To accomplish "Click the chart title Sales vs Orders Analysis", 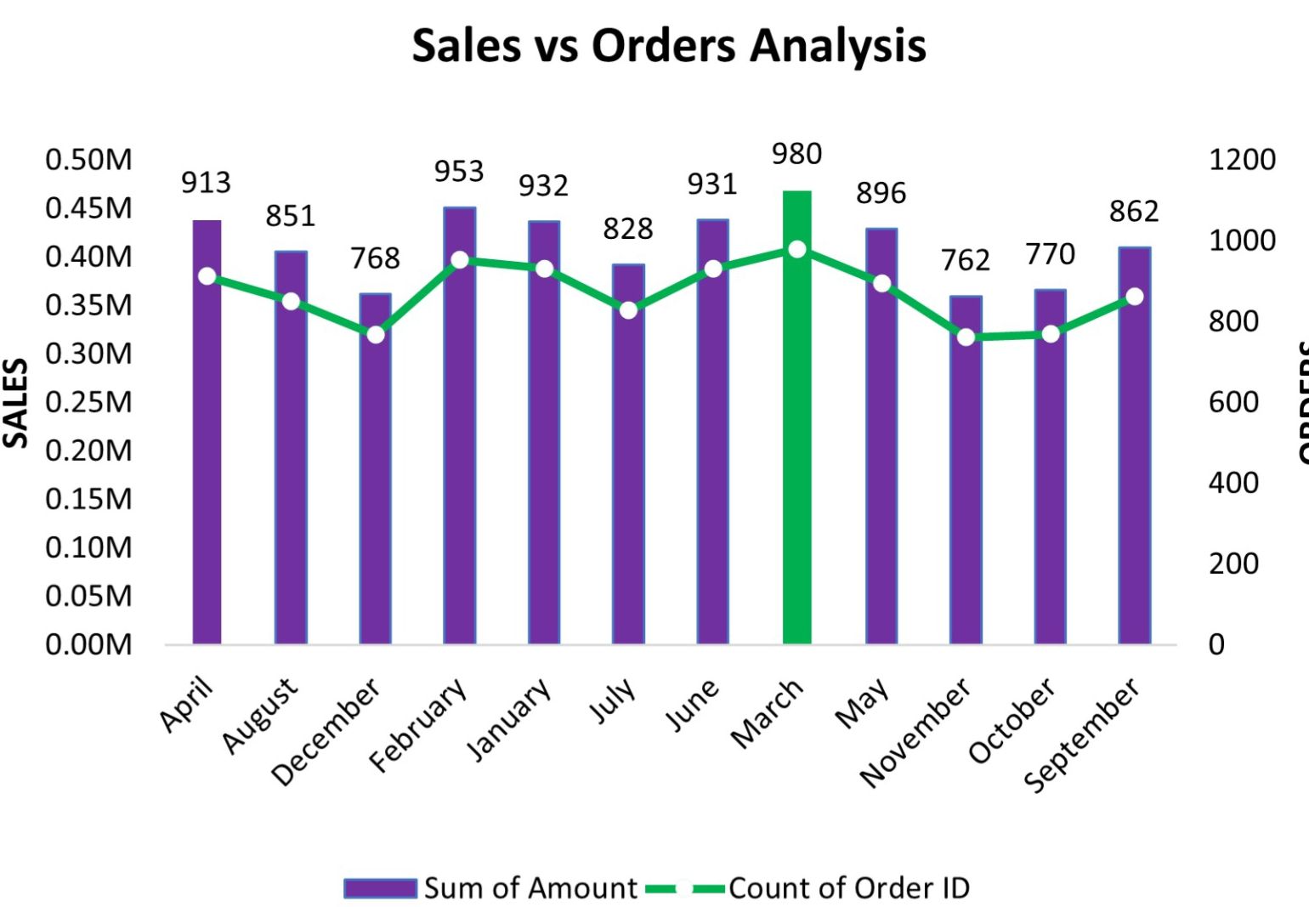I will click(x=669, y=46).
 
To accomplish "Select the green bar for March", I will click(x=796, y=417).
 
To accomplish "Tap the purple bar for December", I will click(x=375, y=468).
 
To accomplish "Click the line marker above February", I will click(x=460, y=259).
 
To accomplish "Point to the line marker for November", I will click(x=966, y=337).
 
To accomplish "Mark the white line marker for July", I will click(x=628, y=310).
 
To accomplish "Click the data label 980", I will click(x=796, y=154).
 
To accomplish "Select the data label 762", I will click(x=966, y=260).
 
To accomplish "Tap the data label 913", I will click(x=206, y=183).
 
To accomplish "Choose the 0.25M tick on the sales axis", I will click(x=88, y=402).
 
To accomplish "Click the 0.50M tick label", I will click(x=88, y=160).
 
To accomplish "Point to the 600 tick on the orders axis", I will click(x=1233, y=402).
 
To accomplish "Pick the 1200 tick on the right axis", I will click(x=1242, y=160).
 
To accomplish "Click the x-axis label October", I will click(x=1012, y=720).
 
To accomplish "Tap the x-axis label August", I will click(x=261, y=716).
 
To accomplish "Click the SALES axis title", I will click(x=16, y=403).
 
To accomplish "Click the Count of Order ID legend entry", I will click(x=848, y=888).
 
